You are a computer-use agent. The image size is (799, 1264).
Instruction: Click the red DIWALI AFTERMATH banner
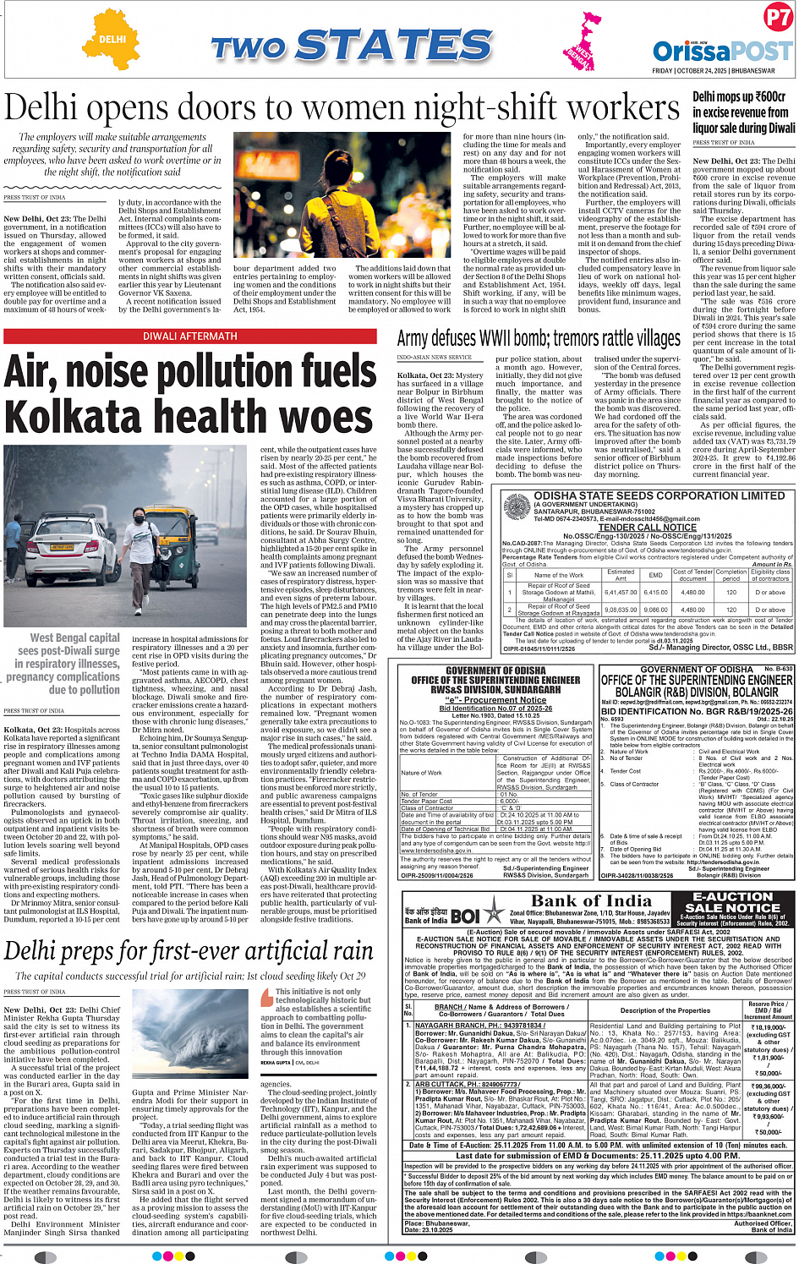190,337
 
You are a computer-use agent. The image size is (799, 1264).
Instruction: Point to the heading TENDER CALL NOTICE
648,527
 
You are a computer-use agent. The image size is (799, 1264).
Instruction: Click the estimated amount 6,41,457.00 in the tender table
621,593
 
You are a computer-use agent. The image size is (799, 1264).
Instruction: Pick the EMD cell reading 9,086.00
656,610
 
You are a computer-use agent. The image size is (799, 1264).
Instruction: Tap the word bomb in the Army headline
536,338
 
